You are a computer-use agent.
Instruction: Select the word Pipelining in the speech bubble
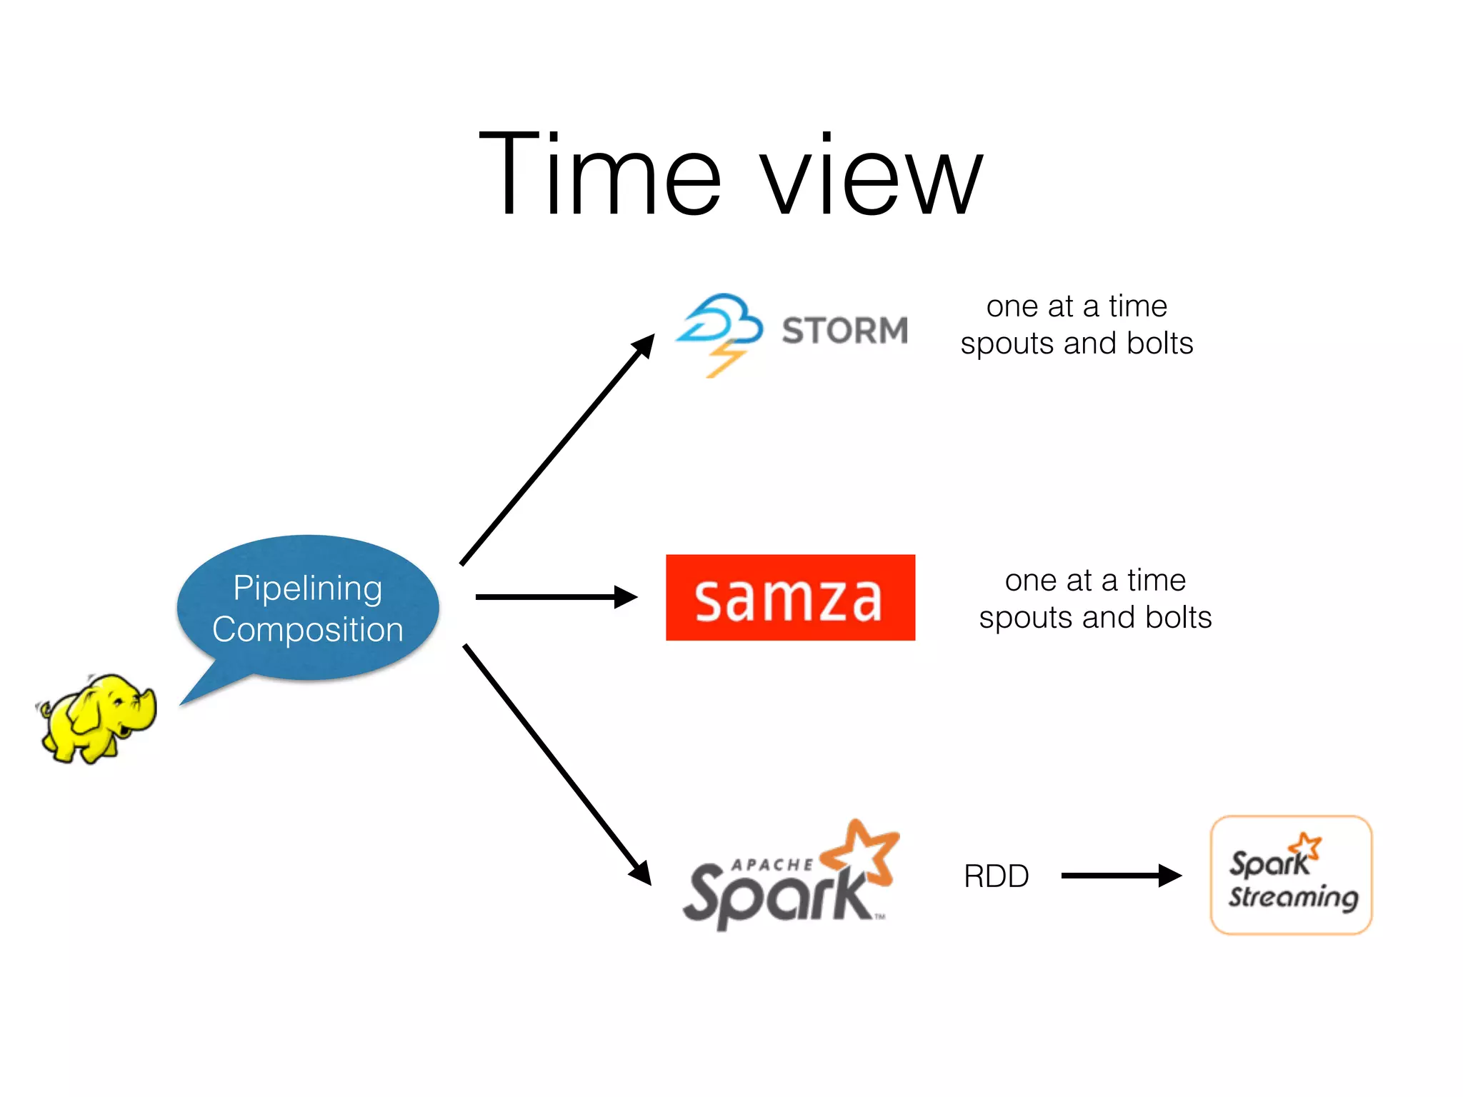[x=308, y=589]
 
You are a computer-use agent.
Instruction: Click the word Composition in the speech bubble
[x=308, y=630]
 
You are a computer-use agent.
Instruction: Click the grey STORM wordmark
[x=844, y=331]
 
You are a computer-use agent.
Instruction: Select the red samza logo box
[x=790, y=598]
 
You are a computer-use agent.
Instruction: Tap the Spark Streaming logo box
[x=1291, y=875]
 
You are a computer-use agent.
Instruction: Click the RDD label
[x=996, y=876]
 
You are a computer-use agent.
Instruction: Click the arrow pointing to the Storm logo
[x=557, y=450]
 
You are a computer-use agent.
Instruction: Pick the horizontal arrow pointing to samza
[x=556, y=597]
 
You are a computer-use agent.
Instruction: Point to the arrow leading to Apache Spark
[x=557, y=764]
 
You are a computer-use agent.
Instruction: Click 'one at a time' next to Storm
[x=1077, y=306]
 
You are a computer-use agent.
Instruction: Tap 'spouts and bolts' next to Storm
[x=1077, y=344]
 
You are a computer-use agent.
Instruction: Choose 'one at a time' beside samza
[x=1095, y=581]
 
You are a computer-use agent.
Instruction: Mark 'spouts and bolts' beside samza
[x=1095, y=618]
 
